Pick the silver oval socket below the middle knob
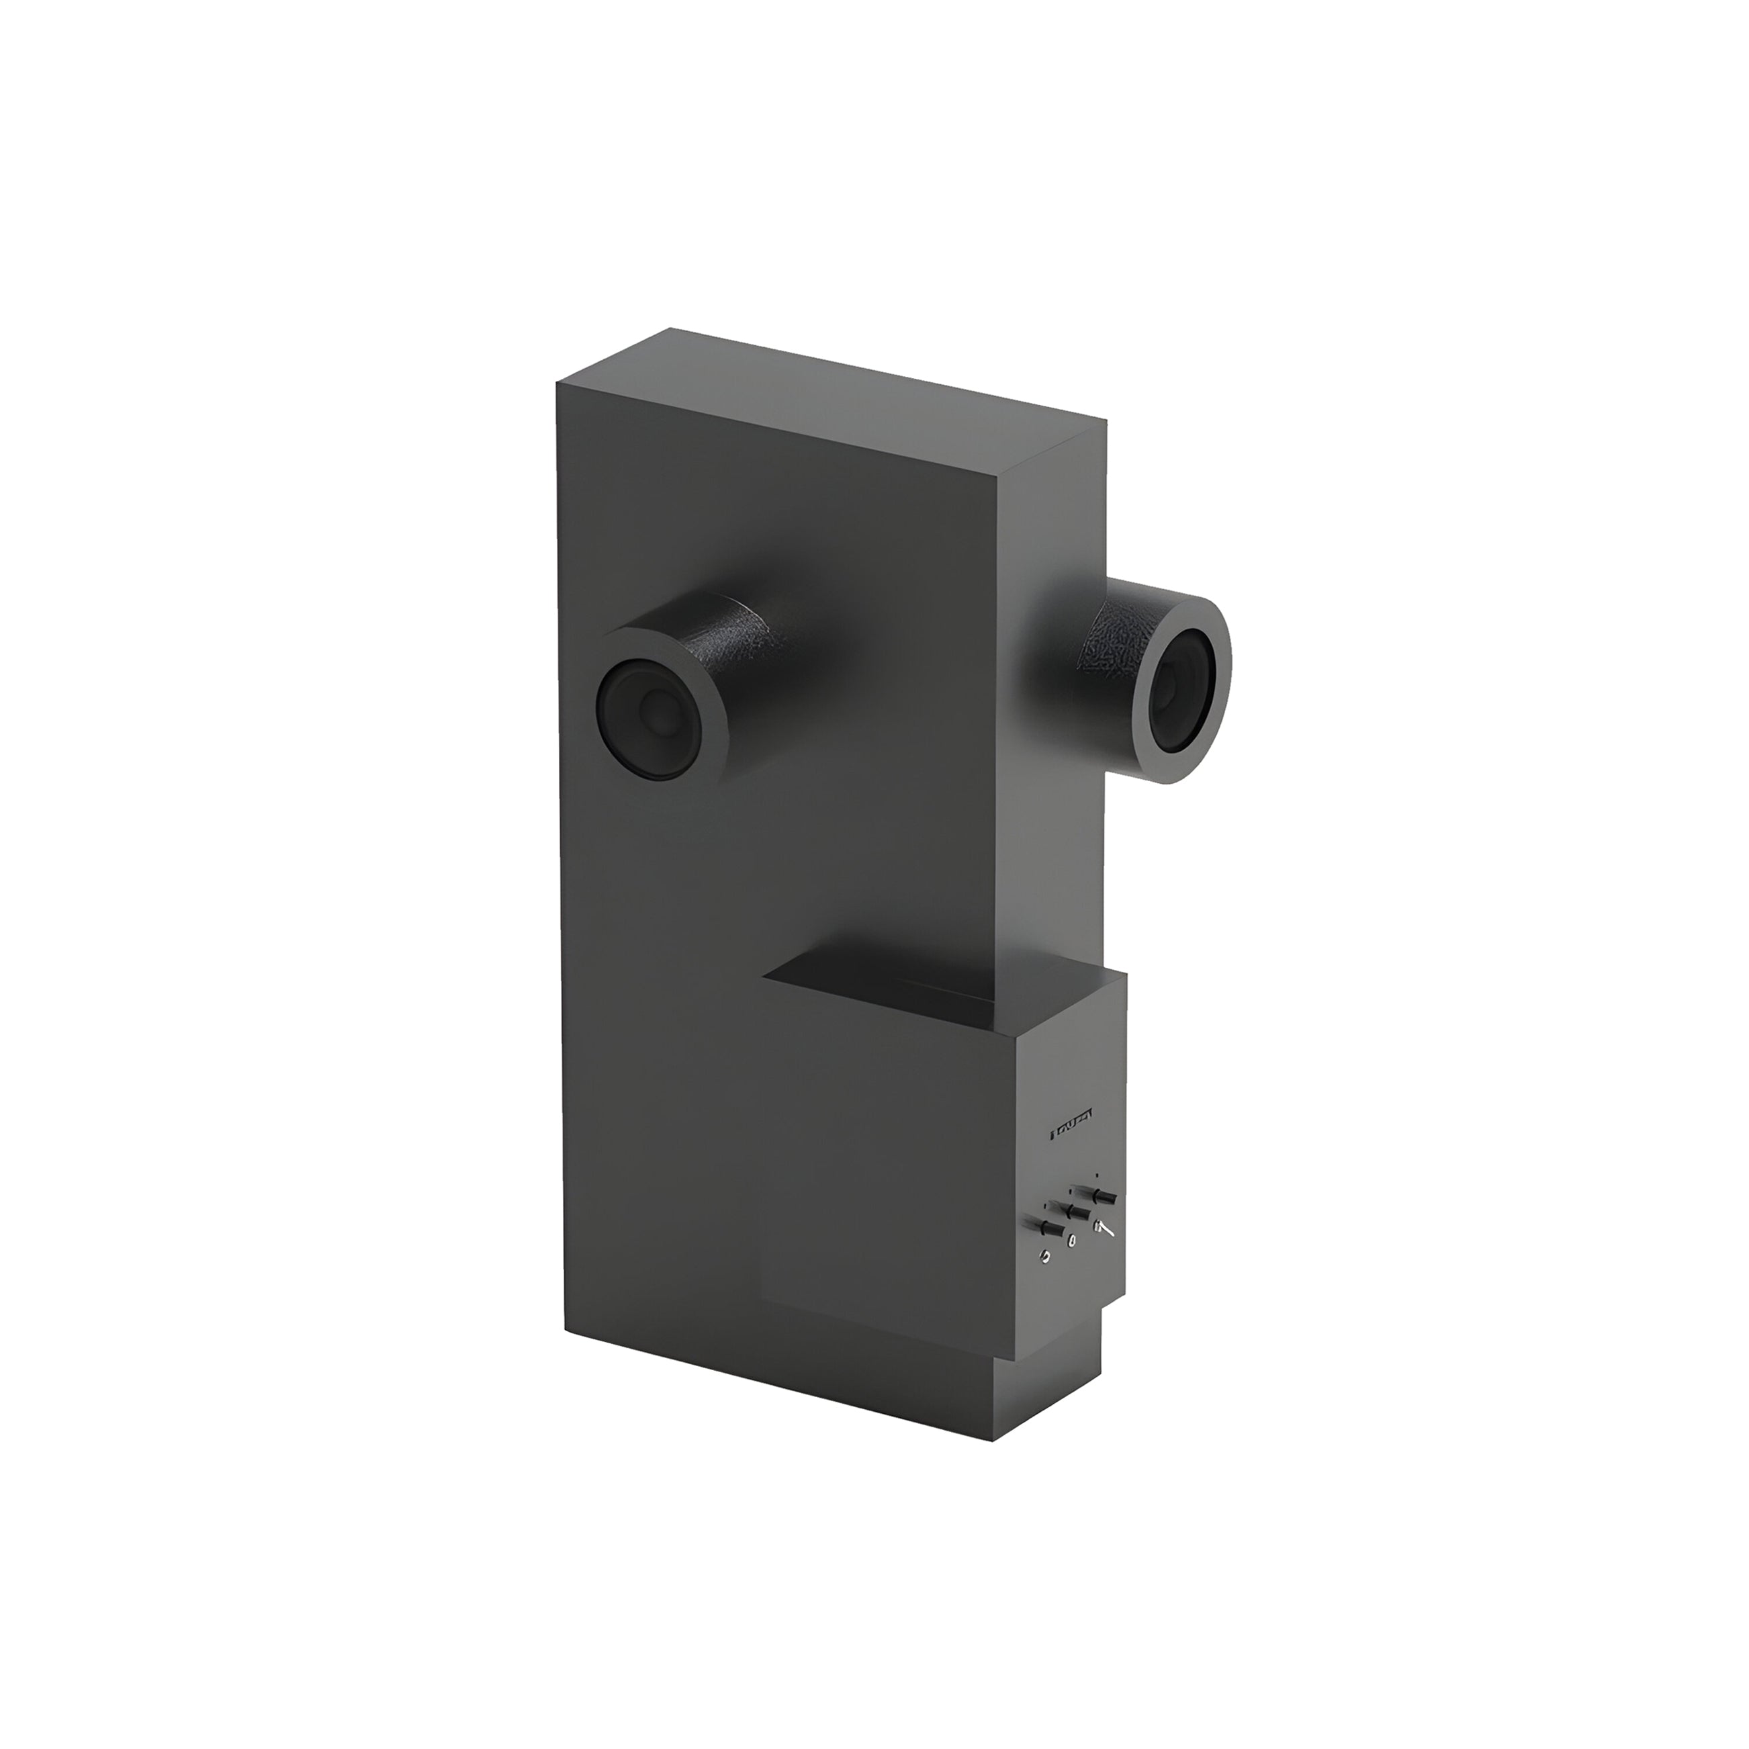click(1072, 1241)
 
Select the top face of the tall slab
click(833, 398)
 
